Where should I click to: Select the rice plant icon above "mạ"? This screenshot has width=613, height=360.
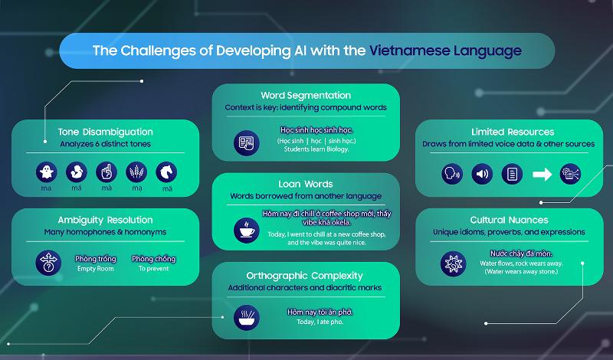pyautogui.click(x=136, y=171)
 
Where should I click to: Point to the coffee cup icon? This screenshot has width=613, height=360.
pyautogui.click(x=247, y=228)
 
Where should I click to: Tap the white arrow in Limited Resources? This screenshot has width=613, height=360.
pyautogui.click(x=543, y=175)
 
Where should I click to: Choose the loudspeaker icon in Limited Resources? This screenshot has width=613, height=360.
pyautogui.click(x=482, y=175)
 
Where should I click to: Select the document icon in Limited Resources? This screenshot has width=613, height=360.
pyautogui.click(x=512, y=175)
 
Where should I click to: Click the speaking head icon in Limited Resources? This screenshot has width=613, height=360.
pyautogui.click(x=451, y=175)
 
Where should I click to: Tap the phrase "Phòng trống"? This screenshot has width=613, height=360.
pyautogui.click(x=96, y=259)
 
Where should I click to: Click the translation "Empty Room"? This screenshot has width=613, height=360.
pyautogui.click(x=96, y=270)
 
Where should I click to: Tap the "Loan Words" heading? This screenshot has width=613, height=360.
pyautogui.click(x=306, y=184)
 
